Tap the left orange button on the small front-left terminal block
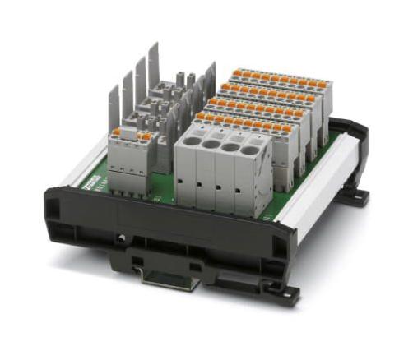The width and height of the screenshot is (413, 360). point(118,132)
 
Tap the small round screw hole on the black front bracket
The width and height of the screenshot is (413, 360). point(122,239)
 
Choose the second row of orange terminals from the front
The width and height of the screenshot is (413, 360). point(255,108)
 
